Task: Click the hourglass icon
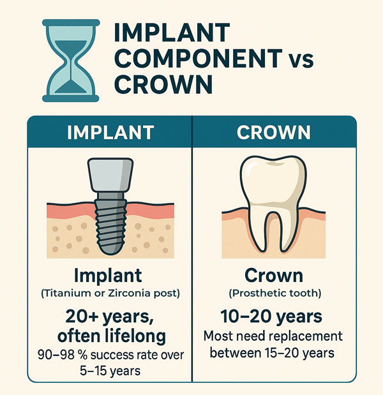click(71, 61)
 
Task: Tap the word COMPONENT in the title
click(198, 59)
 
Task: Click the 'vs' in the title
click(300, 61)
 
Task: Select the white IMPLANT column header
click(110, 132)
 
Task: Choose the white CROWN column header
click(274, 132)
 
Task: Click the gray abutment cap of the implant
click(110, 175)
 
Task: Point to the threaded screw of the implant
click(110, 223)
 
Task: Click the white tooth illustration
click(273, 204)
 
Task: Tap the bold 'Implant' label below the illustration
click(108, 276)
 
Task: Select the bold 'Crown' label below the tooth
click(274, 276)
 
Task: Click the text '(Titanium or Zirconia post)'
click(110, 294)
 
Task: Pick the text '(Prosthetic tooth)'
click(275, 294)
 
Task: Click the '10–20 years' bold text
click(271, 317)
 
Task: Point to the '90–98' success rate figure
click(56, 355)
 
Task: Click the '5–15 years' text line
click(110, 371)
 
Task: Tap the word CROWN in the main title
click(163, 84)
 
